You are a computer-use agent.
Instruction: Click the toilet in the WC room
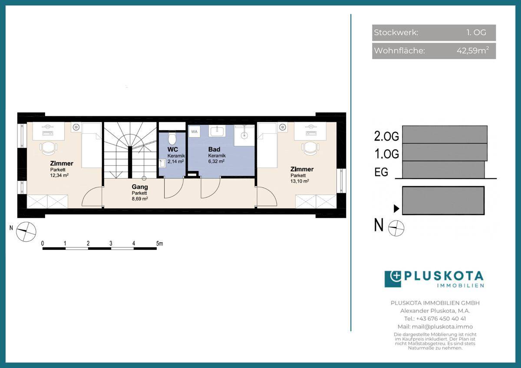(172, 138)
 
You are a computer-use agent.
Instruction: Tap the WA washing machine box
(194, 132)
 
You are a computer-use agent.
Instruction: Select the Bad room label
(214, 149)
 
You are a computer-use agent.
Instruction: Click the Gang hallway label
(140, 187)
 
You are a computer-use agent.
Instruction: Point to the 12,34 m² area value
(59, 175)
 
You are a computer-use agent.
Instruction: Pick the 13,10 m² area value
(300, 181)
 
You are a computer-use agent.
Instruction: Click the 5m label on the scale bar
(160, 243)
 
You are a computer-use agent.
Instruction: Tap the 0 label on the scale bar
(43, 243)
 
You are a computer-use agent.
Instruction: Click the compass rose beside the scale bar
(26, 232)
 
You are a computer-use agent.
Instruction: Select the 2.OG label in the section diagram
(386, 136)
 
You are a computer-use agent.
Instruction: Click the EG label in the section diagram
(381, 172)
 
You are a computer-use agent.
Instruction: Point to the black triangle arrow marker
(396, 209)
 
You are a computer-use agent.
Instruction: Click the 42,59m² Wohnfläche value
(473, 50)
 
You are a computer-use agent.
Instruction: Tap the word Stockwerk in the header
(396, 33)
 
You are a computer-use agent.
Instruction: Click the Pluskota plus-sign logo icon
(393, 279)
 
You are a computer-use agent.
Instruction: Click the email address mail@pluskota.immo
(442, 327)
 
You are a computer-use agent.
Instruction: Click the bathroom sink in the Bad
(217, 131)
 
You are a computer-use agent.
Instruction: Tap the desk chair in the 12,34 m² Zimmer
(48, 149)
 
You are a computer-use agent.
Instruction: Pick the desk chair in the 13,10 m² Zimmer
(310, 149)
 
